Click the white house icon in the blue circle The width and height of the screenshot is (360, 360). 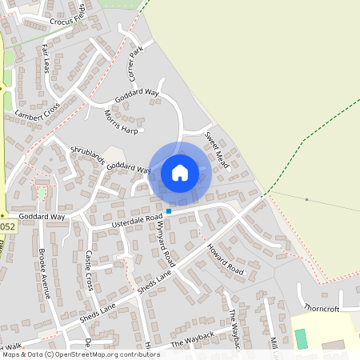180,172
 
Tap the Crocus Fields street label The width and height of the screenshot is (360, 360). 67,21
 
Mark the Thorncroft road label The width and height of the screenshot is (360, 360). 322,307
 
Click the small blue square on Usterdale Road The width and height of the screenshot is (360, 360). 168,211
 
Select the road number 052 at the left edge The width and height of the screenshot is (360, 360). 6,227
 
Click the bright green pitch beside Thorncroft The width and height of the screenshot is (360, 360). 301,338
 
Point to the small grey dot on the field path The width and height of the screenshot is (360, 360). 306,199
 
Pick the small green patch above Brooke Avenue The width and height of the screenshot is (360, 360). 42,194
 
